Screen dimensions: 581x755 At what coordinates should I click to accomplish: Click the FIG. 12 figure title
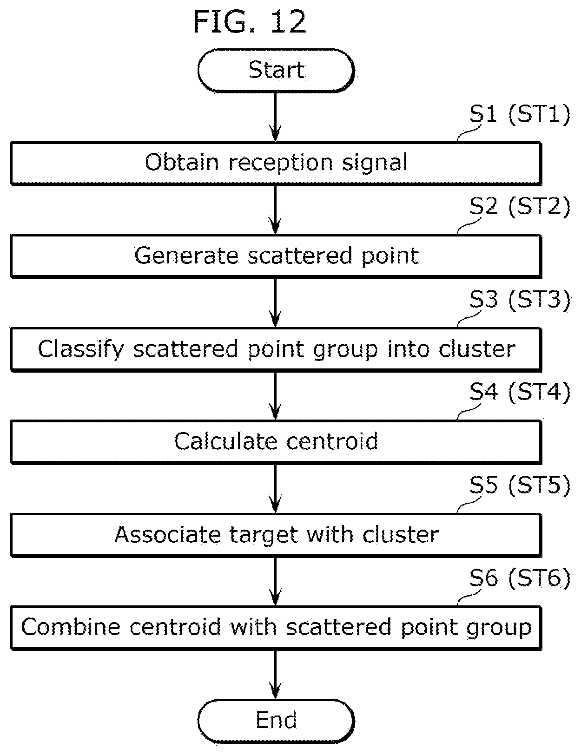[x=250, y=21]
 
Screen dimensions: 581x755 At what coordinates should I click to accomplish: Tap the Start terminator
[x=276, y=71]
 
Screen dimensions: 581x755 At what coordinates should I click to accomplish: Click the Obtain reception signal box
[x=276, y=163]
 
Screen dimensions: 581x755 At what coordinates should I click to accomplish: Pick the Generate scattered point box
[x=276, y=256]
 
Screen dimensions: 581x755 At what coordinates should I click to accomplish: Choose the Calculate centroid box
[x=276, y=442]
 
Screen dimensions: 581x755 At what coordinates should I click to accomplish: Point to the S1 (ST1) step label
[x=520, y=114]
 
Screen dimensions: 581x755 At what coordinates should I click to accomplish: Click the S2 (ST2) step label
[x=520, y=206]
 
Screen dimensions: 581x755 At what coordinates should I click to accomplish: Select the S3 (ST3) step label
[x=520, y=300]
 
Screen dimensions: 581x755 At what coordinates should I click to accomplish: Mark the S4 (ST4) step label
[x=520, y=392]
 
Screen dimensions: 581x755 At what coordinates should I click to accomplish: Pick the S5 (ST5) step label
[x=520, y=485]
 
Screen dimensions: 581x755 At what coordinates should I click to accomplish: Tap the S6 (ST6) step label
[x=520, y=578]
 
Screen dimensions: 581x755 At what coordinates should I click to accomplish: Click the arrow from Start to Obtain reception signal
[x=276, y=117]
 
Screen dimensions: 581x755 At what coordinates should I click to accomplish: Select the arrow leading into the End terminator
[x=276, y=675]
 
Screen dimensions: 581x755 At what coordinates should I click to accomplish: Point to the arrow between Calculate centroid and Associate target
[x=276, y=488]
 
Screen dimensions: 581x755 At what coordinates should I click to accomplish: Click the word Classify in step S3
[x=80, y=349]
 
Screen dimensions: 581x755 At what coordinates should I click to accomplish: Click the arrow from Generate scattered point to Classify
[x=276, y=303]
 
